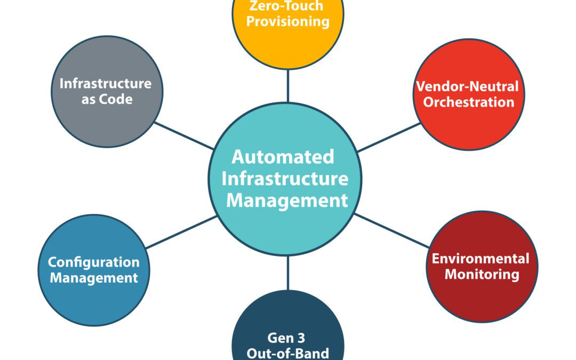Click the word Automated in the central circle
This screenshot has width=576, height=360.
(283, 157)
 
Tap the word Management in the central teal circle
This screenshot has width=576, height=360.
(287, 201)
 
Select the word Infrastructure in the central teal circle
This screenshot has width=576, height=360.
(285, 179)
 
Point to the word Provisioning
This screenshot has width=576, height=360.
(288, 22)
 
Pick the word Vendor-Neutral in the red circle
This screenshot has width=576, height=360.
(467, 86)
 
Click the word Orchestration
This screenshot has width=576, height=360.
(469, 102)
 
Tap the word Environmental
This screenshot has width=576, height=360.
(481, 259)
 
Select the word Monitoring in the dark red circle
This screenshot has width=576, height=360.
(482, 275)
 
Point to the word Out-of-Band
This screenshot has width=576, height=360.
(288, 353)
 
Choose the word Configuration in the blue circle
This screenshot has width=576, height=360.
(94, 262)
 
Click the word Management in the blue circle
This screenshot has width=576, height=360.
(94, 278)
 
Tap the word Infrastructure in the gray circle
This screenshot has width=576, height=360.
(106, 83)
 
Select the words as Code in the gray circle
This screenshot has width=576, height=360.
(107, 99)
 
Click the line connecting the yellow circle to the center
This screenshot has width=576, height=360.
(288, 85)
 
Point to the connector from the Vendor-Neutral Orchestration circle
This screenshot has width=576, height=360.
(390, 137)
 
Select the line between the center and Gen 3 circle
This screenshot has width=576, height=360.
(288, 273)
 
